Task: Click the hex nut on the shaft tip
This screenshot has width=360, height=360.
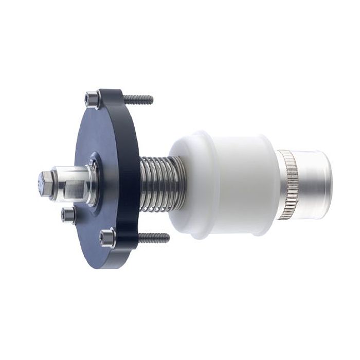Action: coord(45,183)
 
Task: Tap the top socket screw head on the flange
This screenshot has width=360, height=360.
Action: coord(92,97)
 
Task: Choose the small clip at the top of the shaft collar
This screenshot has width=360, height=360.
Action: coord(92,162)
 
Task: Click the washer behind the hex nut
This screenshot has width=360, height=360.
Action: coord(53,184)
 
